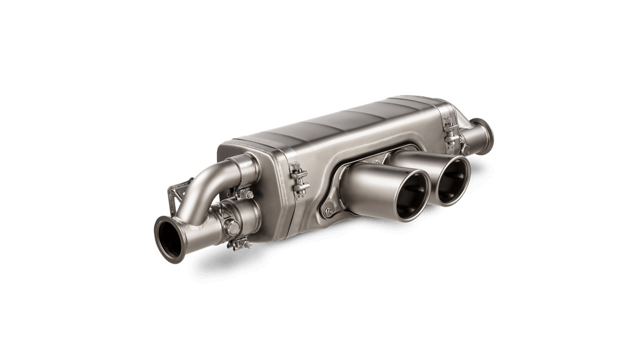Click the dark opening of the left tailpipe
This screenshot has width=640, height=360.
[413, 195]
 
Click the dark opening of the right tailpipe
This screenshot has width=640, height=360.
[453, 181]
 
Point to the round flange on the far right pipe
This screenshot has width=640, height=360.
[482, 135]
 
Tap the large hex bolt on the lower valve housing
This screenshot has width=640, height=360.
[233, 227]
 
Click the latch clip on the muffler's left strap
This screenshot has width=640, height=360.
[299, 179]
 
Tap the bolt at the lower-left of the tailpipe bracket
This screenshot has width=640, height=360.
[328, 212]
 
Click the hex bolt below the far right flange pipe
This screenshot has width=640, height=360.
[465, 149]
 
